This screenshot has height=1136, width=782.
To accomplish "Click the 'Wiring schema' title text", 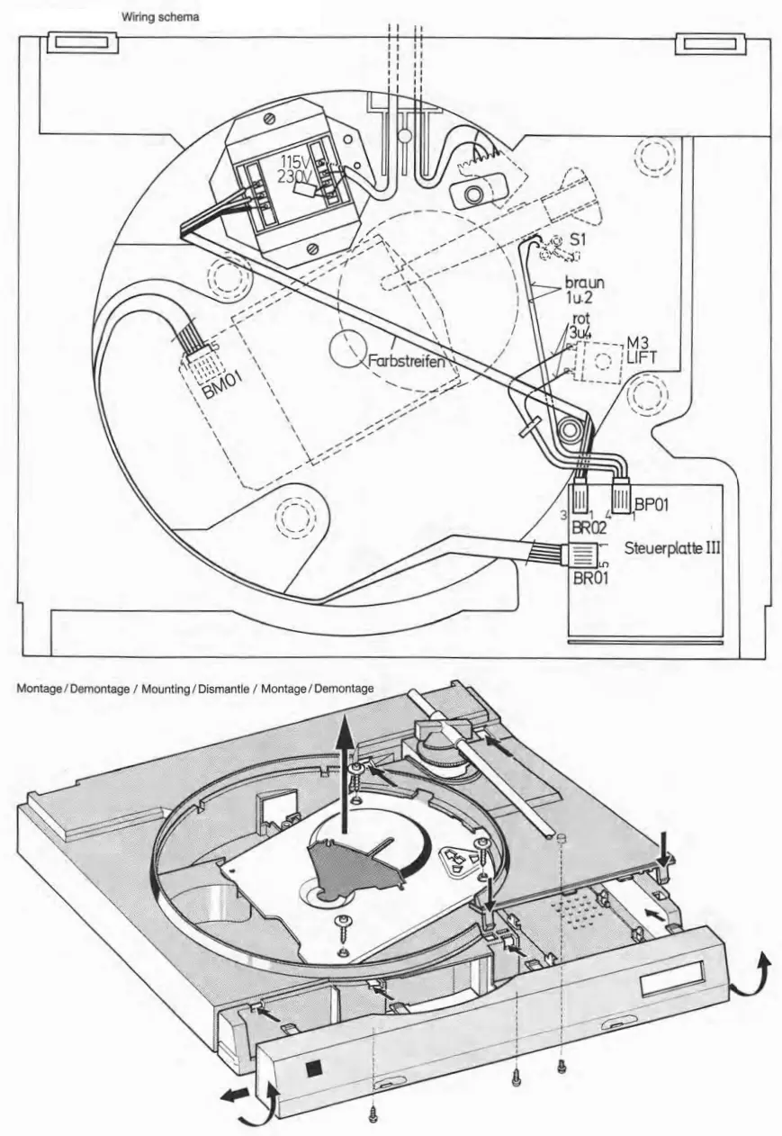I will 159,17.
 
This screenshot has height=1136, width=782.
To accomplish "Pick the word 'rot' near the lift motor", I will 581,320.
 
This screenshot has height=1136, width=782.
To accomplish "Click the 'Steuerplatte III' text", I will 672,547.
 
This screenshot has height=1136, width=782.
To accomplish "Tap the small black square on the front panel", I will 313,1068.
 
